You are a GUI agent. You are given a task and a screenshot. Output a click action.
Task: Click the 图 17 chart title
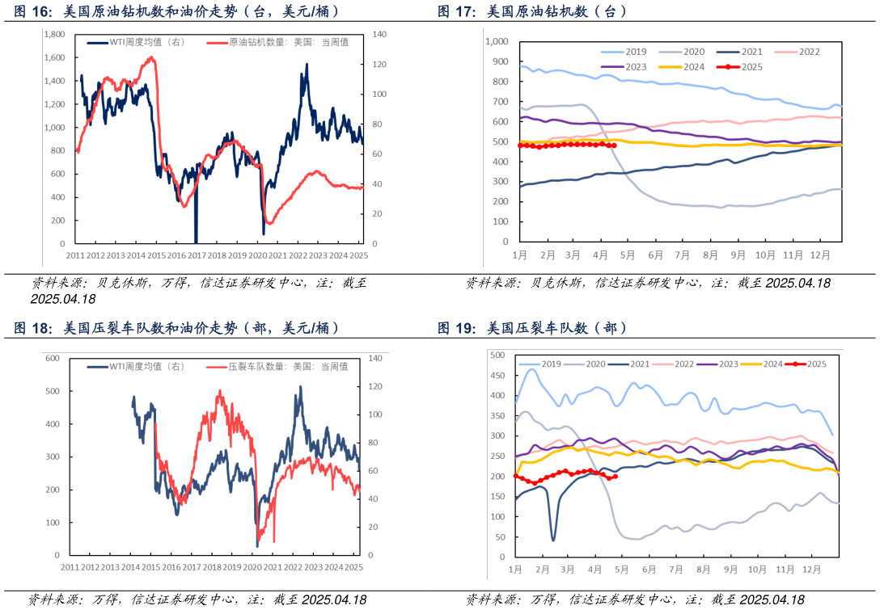tap(531, 11)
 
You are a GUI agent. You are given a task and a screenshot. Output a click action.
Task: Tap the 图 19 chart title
tap(531, 328)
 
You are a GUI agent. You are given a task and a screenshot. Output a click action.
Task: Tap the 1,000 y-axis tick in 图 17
tap(496, 41)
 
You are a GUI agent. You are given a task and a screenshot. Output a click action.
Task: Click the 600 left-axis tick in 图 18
tap(53, 358)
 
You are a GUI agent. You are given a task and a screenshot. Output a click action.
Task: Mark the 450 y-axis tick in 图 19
tap(498, 376)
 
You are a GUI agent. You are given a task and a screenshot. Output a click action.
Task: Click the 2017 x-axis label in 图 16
tap(197, 255)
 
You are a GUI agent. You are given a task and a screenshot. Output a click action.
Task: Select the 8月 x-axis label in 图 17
tap(711, 255)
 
